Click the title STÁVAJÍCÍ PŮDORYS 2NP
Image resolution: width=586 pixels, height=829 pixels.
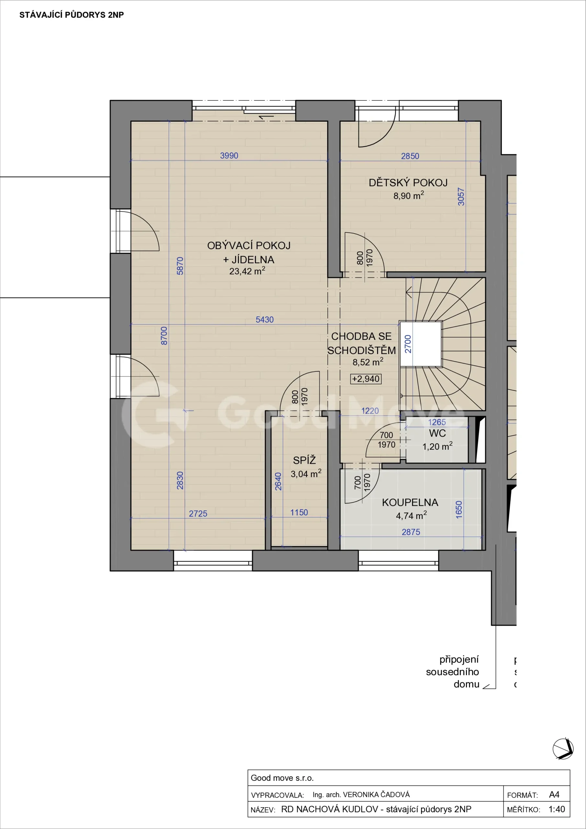click(x=72, y=15)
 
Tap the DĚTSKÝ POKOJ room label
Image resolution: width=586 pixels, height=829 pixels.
click(x=408, y=183)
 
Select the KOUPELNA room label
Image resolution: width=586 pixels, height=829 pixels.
click(x=410, y=502)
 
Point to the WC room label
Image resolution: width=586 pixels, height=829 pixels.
click(x=437, y=433)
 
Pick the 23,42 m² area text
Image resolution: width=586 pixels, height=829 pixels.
click(x=247, y=271)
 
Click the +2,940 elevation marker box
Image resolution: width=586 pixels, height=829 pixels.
click(x=366, y=379)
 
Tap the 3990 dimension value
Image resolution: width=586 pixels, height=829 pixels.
click(x=229, y=156)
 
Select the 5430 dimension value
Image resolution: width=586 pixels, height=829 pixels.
click(x=265, y=320)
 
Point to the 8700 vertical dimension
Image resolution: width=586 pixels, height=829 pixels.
click(x=164, y=335)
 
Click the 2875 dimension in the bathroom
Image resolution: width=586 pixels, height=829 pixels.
click(x=411, y=532)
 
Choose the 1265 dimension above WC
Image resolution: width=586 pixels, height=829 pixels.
click(x=437, y=422)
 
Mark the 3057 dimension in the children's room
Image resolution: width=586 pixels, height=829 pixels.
click(x=461, y=197)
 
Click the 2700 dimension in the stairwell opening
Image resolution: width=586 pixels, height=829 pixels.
click(x=408, y=344)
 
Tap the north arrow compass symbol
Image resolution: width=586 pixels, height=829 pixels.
click(x=563, y=748)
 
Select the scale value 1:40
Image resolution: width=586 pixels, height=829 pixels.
click(x=557, y=809)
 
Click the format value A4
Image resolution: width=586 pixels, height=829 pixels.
click(x=554, y=794)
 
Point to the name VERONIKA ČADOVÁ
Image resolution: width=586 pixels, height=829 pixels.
click(x=376, y=794)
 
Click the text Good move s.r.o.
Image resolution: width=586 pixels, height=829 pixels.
click(x=282, y=778)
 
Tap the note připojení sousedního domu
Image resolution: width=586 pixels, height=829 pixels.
click(x=452, y=672)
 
